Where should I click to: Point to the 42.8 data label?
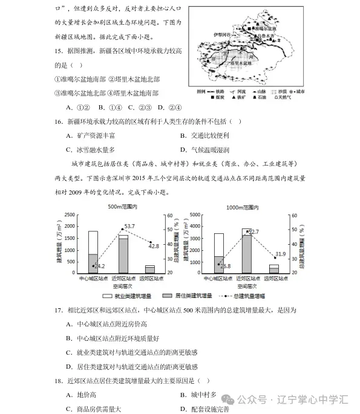154,245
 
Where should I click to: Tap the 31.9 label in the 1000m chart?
280,254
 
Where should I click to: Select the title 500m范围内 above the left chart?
123,207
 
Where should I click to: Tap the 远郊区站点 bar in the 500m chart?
150,269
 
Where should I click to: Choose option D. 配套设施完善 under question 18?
205,409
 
